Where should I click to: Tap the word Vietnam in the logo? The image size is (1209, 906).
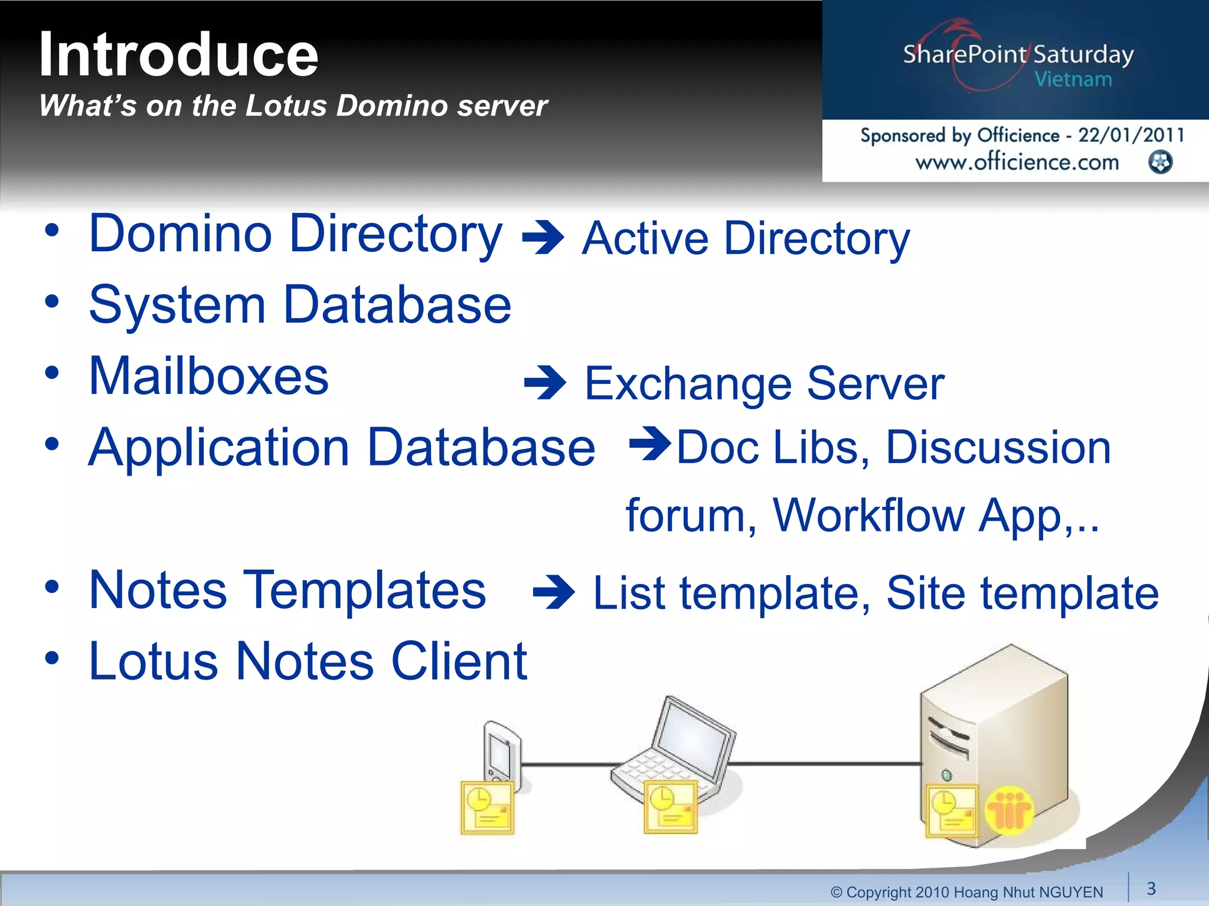[1073, 80]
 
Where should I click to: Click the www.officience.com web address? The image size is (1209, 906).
[1017, 162]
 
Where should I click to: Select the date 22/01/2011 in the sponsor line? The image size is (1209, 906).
[1130, 135]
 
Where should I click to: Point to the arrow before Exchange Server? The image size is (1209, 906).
[545, 383]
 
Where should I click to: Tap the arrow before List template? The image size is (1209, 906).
[553, 592]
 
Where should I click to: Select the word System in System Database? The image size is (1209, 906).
[177, 306]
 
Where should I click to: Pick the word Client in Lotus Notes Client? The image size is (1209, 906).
[459, 662]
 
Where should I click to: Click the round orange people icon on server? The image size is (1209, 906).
[1009, 810]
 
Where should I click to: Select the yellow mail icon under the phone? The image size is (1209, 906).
[487, 808]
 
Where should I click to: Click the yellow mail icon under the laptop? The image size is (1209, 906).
[670, 808]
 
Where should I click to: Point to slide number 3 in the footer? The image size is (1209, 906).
[1151, 888]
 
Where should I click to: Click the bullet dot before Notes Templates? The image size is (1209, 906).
[52, 587]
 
